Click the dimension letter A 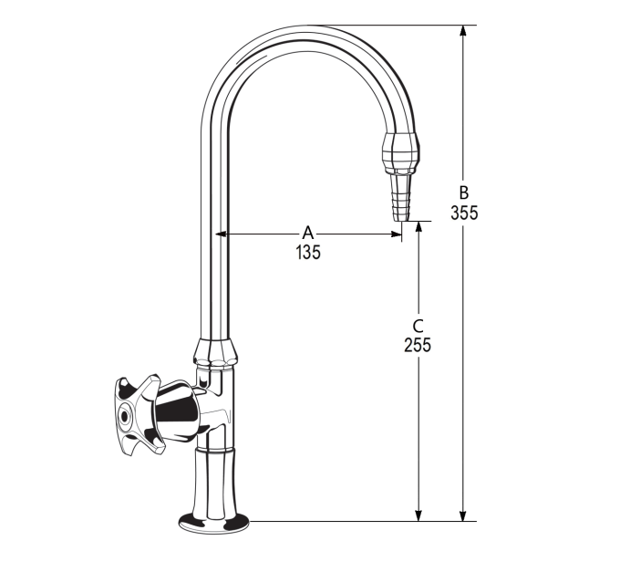coord(307,234)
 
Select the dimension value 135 coord(307,253)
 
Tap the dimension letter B coord(463,192)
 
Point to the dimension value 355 coord(463,213)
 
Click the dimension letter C coord(418,326)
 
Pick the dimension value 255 coord(418,345)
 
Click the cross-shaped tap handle coord(134,411)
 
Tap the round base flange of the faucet coord(213,522)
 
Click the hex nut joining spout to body coord(216,351)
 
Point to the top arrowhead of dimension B coord(463,31)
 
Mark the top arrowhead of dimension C coord(418,226)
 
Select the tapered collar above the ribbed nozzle coord(401,152)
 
